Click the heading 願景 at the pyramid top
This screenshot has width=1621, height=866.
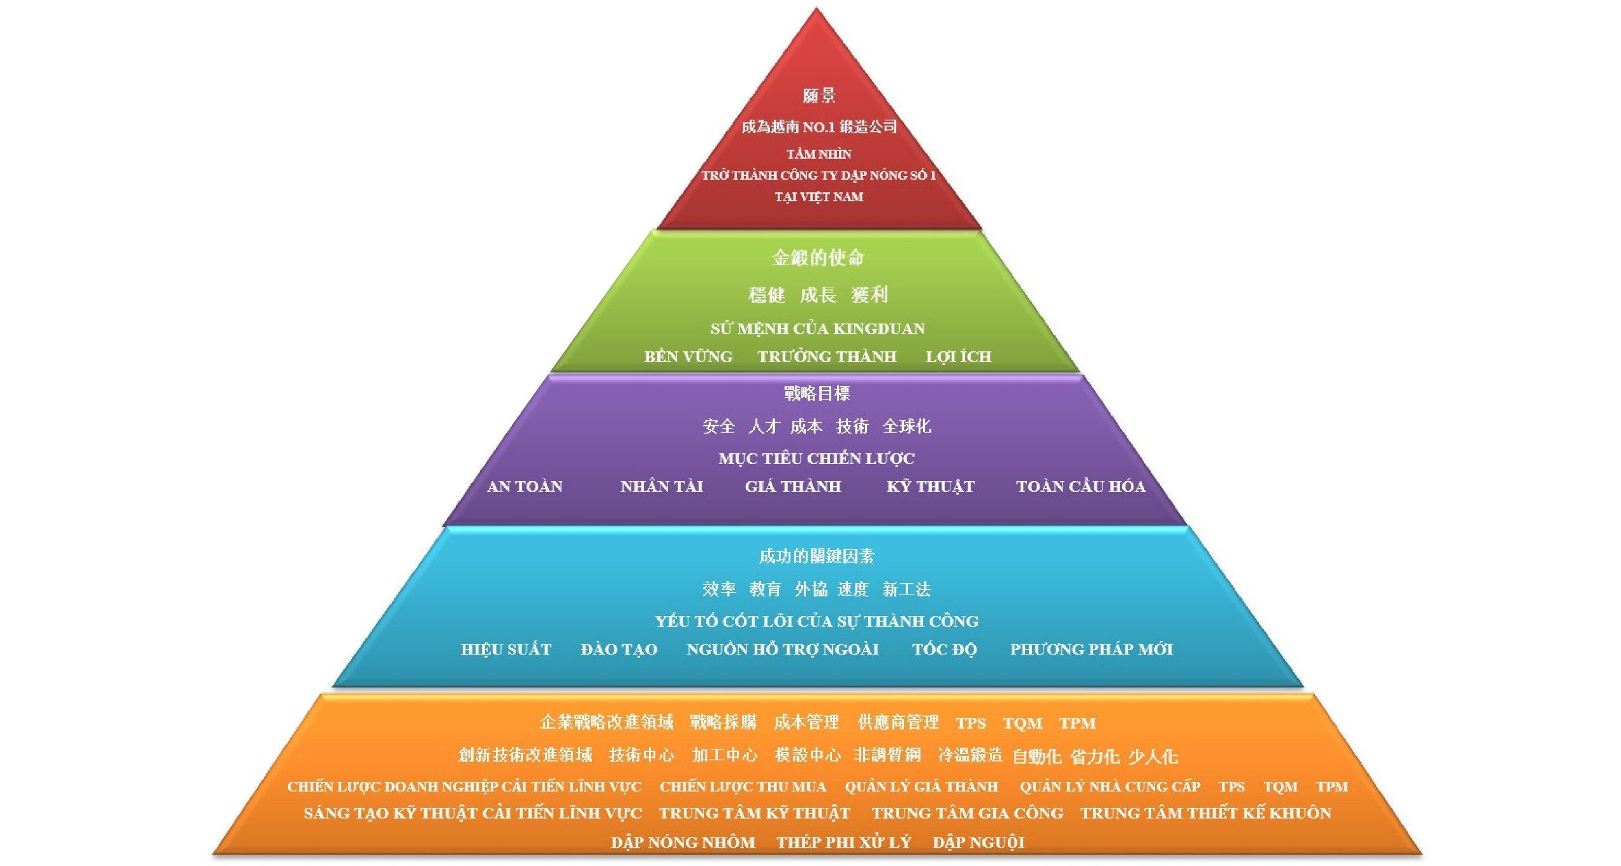[x=819, y=96]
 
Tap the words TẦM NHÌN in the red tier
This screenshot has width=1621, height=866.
[x=819, y=154]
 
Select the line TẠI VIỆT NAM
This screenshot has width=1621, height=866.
[x=819, y=197]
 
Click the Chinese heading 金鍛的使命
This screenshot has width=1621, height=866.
[x=817, y=258]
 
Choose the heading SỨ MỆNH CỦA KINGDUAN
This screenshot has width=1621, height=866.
[x=817, y=329]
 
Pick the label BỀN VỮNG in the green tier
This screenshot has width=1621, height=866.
[x=688, y=357]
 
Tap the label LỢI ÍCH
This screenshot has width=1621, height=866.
[x=958, y=357]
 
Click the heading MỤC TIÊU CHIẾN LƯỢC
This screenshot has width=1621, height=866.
[x=816, y=458]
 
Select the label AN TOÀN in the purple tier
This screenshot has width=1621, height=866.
[x=524, y=487]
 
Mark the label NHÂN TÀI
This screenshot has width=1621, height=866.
[x=662, y=487]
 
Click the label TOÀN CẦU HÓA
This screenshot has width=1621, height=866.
[x=1080, y=487]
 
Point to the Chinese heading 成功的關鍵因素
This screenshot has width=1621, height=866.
[x=816, y=556]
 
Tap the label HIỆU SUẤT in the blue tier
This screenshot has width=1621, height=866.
[x=506, y=649]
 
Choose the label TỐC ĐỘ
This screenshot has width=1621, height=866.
[x=944, y=649]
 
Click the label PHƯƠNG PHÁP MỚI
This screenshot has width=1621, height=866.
[x=1091, y=649]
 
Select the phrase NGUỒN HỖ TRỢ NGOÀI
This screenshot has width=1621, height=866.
[x=782, y=649]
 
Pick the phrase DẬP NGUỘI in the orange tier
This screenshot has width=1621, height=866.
[x=978, y=843]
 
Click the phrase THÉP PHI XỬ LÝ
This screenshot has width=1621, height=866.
[x=843, y=843]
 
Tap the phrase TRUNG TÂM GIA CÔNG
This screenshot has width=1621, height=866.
[x=967, y=813]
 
